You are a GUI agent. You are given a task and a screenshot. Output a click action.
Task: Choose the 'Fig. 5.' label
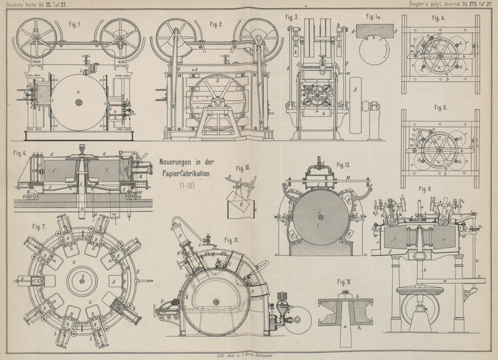441,107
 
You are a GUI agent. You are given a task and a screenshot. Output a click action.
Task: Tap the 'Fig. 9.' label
426,188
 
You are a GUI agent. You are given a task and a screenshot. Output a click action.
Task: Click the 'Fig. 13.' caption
344,165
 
